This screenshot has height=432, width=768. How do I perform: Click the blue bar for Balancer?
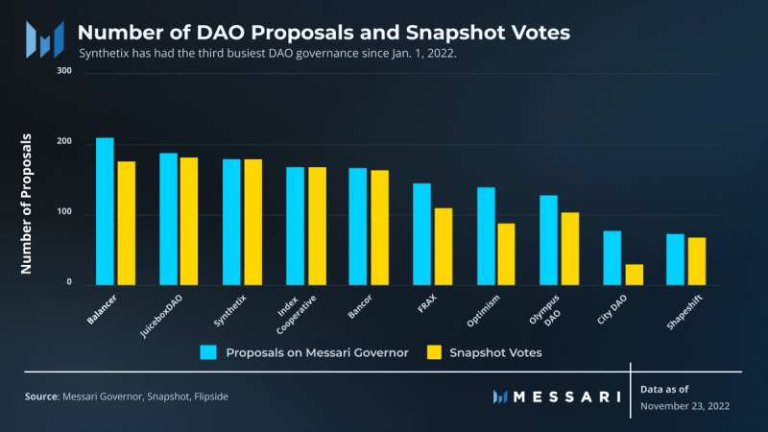(x=105, y=211)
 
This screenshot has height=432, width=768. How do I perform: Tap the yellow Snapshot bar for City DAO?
(x=634, y=275)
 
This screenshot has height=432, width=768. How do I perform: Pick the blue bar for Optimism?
(x=486, y=235)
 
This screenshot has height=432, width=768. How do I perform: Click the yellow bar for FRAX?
(x=443, y=246)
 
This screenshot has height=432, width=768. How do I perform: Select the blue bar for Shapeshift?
(x=676, y=259)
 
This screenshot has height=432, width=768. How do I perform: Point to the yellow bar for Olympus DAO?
(x=569, y=248)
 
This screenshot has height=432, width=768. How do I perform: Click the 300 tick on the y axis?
(x=64, y=71)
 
